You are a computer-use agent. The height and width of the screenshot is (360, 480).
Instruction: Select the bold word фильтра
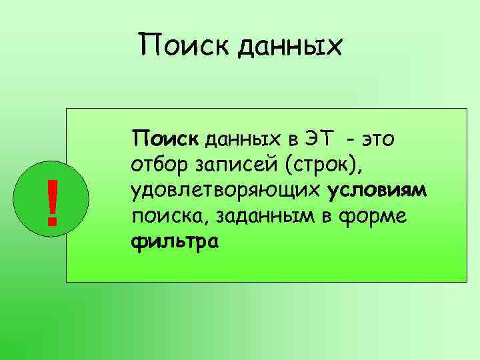pyautogui.click(x=175, y=244)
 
